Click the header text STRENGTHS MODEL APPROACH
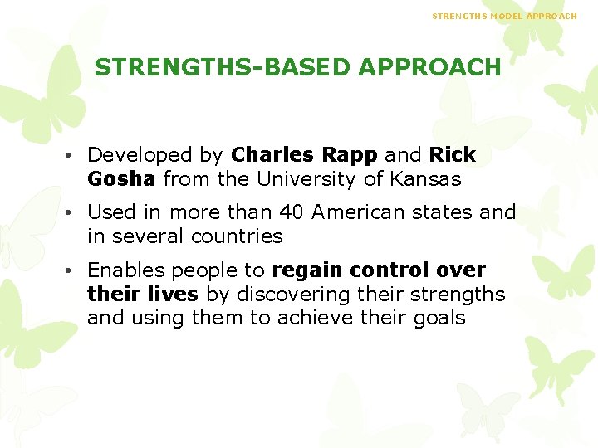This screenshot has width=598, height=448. tap(504, 16)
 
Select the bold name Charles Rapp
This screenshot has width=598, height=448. tap(304, 155)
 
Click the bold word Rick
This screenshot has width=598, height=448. tap(452, 155)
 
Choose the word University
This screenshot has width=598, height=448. tap(304, 179)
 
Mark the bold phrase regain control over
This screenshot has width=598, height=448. tap(379, 270)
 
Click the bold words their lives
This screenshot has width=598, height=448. tap(142, 295)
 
